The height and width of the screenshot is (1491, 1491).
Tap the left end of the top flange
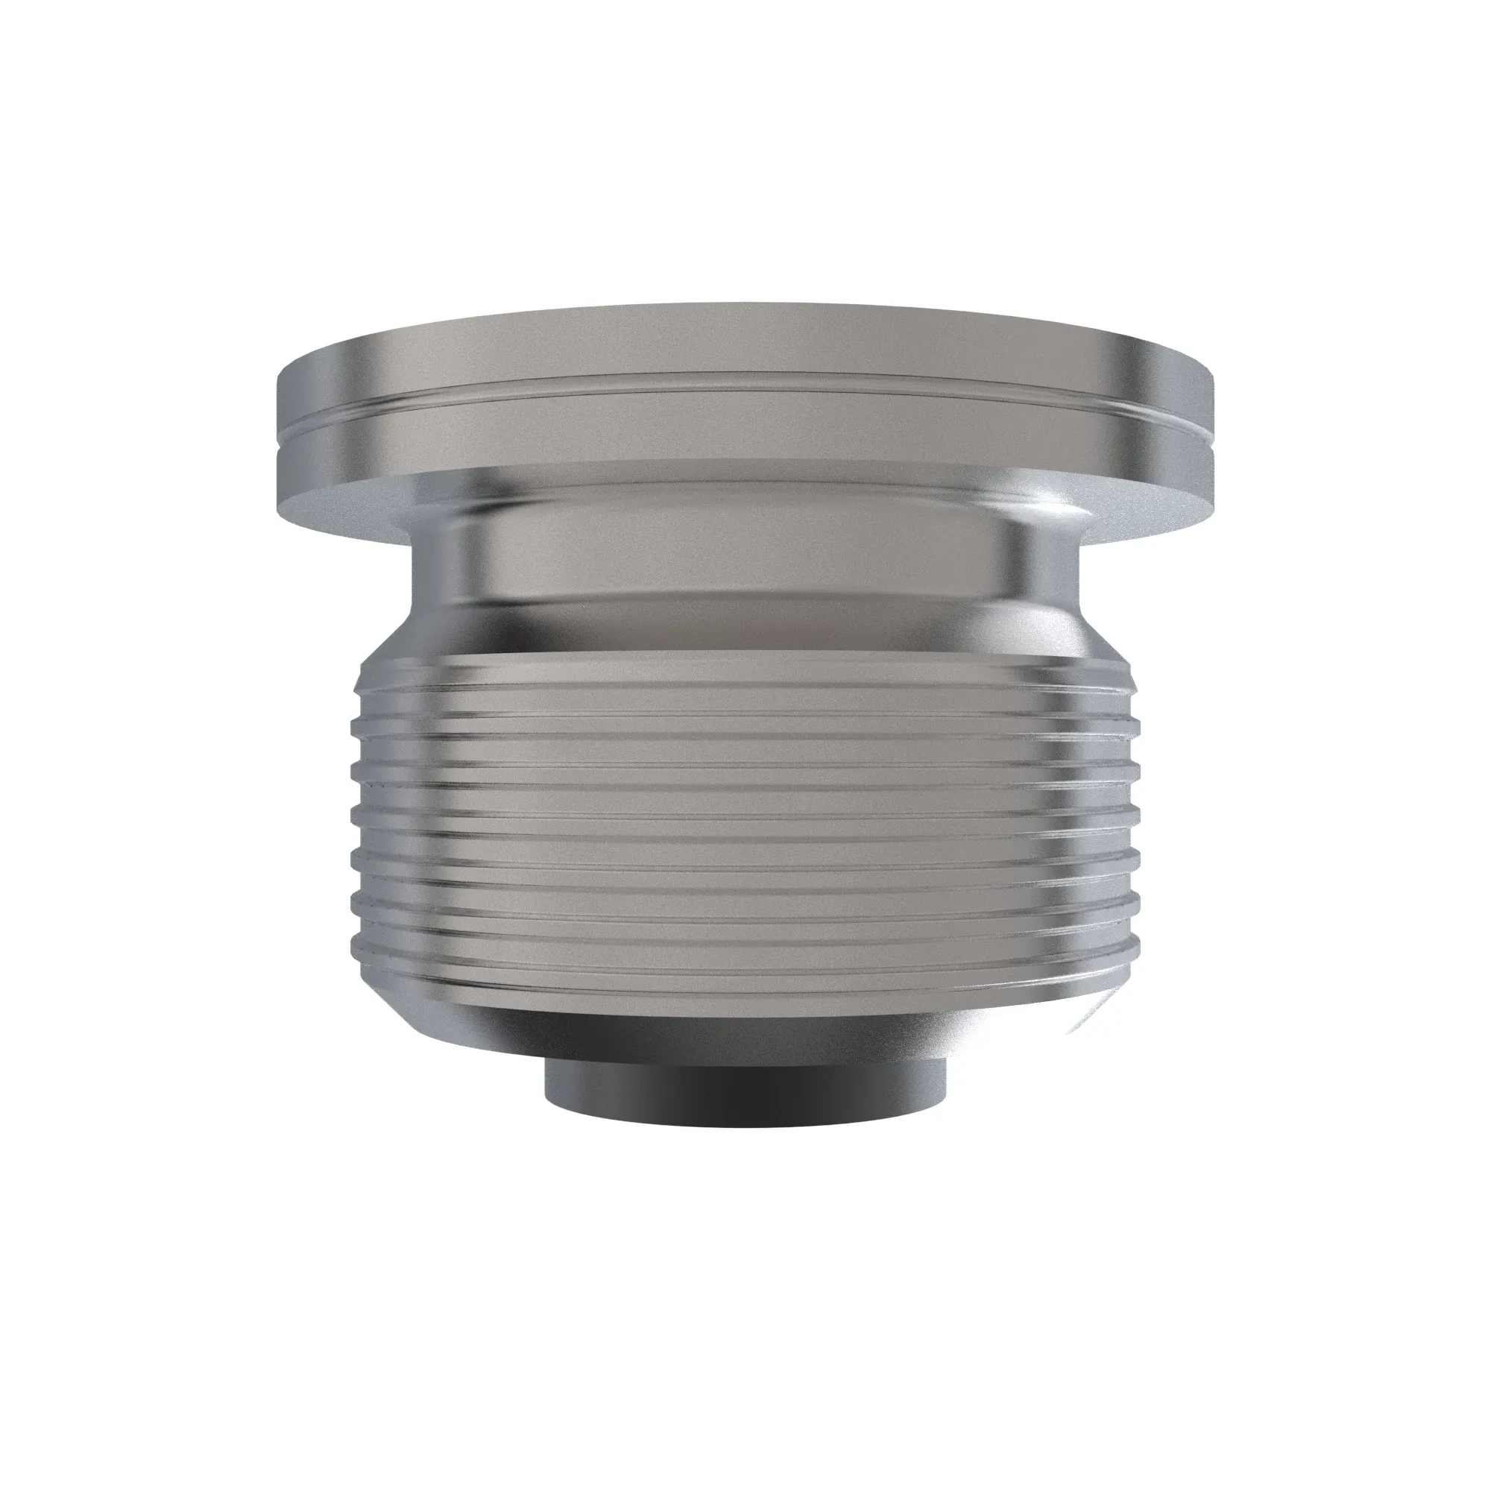point(280,432)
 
